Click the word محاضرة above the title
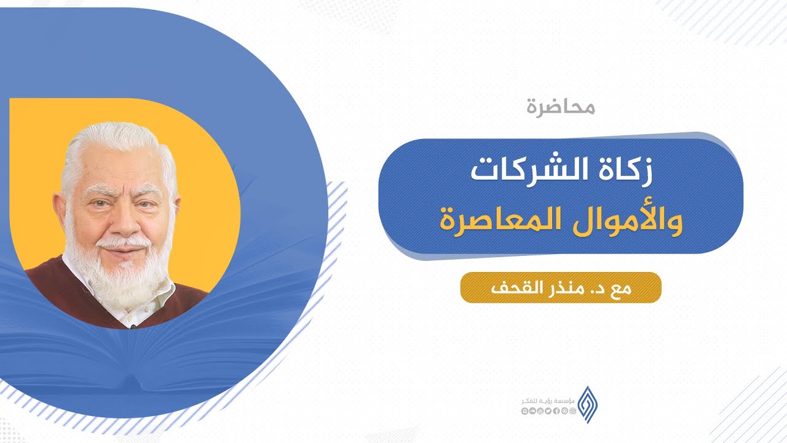[x=561, y=108]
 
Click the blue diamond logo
[x=588, y=404]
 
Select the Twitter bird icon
[x=548, y=411]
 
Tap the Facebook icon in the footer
[x=556, y=411]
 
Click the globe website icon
[x=572, y=411]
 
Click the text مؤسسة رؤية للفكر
[x=548, y=401]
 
